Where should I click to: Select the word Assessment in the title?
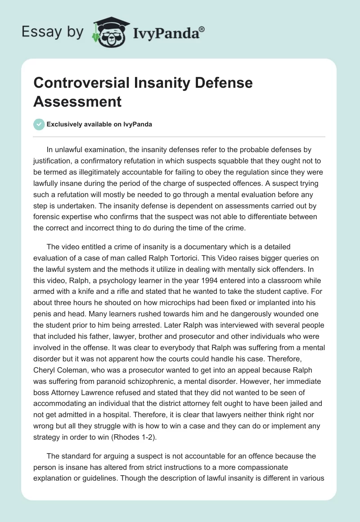pos(77,101)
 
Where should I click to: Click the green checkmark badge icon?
pos(39,124)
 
